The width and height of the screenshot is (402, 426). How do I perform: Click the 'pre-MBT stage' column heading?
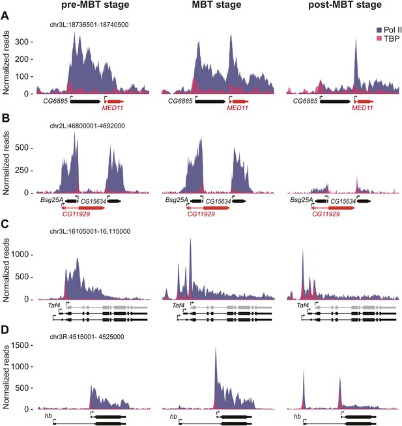point(95,5)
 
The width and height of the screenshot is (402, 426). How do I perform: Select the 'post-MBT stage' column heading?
point(345,5)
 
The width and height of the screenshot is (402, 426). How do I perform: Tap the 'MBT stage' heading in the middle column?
point(216,5)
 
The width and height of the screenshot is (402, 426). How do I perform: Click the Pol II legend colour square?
point(379,30)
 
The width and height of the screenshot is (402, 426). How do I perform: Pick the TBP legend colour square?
point(379,38)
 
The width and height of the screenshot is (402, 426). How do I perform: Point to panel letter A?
point(5,16)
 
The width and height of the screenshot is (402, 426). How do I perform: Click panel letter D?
point(5,330)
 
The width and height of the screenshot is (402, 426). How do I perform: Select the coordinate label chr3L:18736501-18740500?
point(89,25)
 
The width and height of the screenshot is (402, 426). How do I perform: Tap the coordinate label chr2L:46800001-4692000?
point(87,126)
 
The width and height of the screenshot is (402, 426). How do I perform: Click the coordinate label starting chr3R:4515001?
point(87,337)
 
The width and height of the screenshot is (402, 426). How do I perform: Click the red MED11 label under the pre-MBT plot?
point(113,108)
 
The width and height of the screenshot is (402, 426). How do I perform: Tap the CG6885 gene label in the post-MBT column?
point(305,102)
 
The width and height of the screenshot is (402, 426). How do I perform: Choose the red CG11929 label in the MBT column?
point(201,214)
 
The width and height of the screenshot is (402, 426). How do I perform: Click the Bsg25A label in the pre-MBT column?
point(51,200)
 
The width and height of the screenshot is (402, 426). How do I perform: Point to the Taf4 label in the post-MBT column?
point(303,305)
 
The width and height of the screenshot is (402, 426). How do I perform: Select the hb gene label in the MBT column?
point(173,416)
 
